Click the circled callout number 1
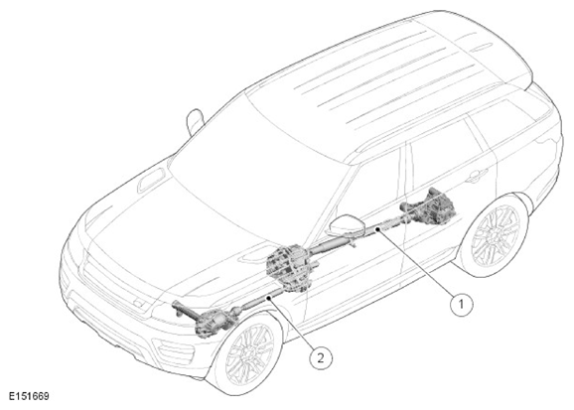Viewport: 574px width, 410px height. click(461, 304)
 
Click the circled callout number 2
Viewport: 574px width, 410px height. click(321, 357)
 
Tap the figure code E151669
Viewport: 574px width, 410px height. click(29, 396)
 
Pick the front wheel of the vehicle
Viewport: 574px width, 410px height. click(248, 353)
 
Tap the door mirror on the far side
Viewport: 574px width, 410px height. click(195, 121)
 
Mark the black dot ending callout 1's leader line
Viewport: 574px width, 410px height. click(377, 229)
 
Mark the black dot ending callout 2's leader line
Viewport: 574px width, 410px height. click(269, 298)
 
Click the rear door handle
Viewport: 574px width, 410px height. click(477, 177)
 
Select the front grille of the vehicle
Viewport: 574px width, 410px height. click(114, 284)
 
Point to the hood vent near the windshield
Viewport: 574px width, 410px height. click(151, 181)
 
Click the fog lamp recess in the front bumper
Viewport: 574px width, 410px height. click(173, 351)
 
